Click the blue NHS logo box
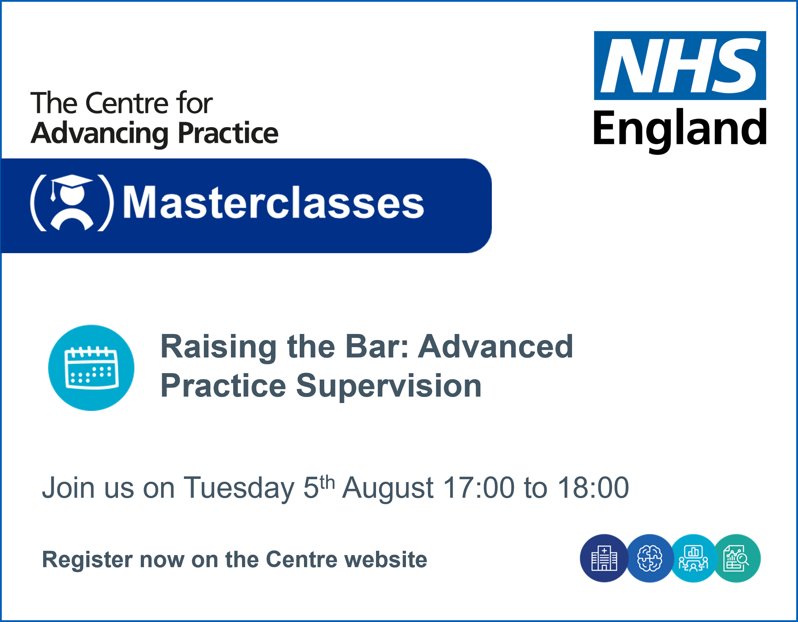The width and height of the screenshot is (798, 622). coord(680,66)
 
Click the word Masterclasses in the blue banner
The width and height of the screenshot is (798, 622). coord(273,202)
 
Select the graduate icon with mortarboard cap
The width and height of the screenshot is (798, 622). coord(72,203)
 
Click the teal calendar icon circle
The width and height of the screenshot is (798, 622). coord(91,368)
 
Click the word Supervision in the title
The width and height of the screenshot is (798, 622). coord(389,387)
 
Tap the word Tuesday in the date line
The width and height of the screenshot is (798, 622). coord(239,488)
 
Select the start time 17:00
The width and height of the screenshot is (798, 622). coord(479,488)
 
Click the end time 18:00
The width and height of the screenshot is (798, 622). coord(593,488)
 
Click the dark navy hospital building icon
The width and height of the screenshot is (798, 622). coord(604,558)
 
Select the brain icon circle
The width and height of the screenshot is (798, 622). coord(650,558)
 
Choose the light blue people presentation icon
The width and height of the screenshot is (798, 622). coord(693,558)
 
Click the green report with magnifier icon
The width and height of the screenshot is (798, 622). coord(737,558)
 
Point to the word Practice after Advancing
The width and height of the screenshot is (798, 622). coord(228,134)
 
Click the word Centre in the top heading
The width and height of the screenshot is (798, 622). coord(127,103)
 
